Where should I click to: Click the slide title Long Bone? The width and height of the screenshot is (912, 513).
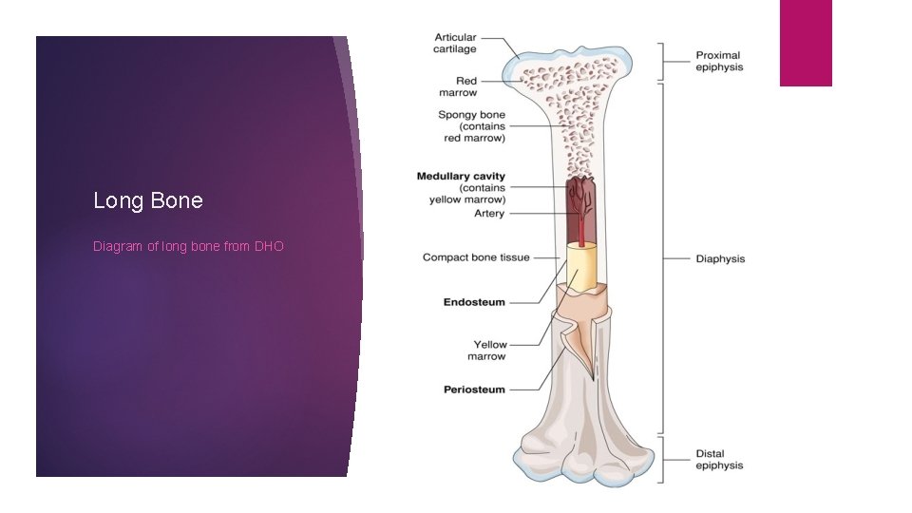click(x=148, y=200)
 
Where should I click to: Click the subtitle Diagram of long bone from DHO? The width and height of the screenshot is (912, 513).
click(x=188, y=246)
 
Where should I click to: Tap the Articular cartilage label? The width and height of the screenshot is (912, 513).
click(x=455, y=43)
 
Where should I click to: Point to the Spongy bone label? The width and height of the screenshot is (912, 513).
click(x=472, y=126)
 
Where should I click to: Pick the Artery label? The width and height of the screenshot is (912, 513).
click(x=489, y=214)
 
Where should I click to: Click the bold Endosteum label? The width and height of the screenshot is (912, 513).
click(x=474, y=302)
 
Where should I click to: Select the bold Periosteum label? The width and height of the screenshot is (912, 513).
click(x=474, y=389)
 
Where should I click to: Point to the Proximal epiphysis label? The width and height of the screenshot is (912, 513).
click(x=718, y=61)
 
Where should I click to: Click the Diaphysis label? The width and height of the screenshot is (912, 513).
click(x=720, y=258)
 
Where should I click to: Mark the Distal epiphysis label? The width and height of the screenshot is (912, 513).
click(x=719, y=459)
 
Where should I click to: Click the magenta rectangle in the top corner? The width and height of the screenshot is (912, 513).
click(x=806, y=43)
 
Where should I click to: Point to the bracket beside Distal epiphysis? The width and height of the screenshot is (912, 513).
click(x=664, y=459)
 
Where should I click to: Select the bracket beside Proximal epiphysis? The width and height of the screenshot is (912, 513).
click(x=664, y=61)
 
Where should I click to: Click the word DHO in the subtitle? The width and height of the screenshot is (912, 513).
click(x=269, y=246)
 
